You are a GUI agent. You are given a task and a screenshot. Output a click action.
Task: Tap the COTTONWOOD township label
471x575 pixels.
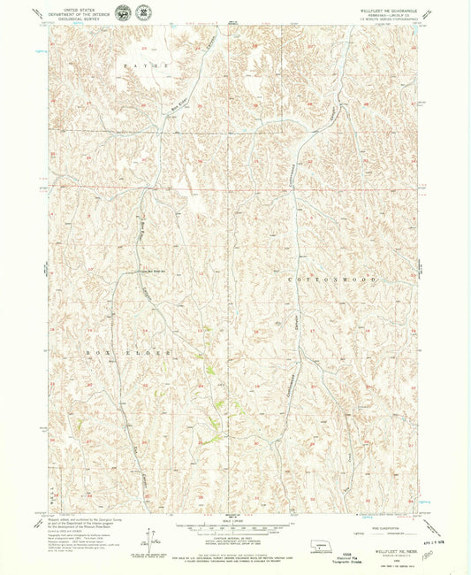point(332,279)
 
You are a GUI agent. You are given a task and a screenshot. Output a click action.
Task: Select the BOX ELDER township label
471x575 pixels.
point(127,352)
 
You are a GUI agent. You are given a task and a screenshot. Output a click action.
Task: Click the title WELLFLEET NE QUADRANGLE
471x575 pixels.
point(387,10)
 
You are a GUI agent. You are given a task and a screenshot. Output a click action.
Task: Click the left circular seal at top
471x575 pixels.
point(122,12)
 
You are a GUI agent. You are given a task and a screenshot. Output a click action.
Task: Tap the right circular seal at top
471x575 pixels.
point(142,12)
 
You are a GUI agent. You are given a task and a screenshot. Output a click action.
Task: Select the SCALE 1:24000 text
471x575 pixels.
point(232,519)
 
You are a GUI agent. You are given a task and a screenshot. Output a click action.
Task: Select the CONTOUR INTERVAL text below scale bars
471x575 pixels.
point(232,537)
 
